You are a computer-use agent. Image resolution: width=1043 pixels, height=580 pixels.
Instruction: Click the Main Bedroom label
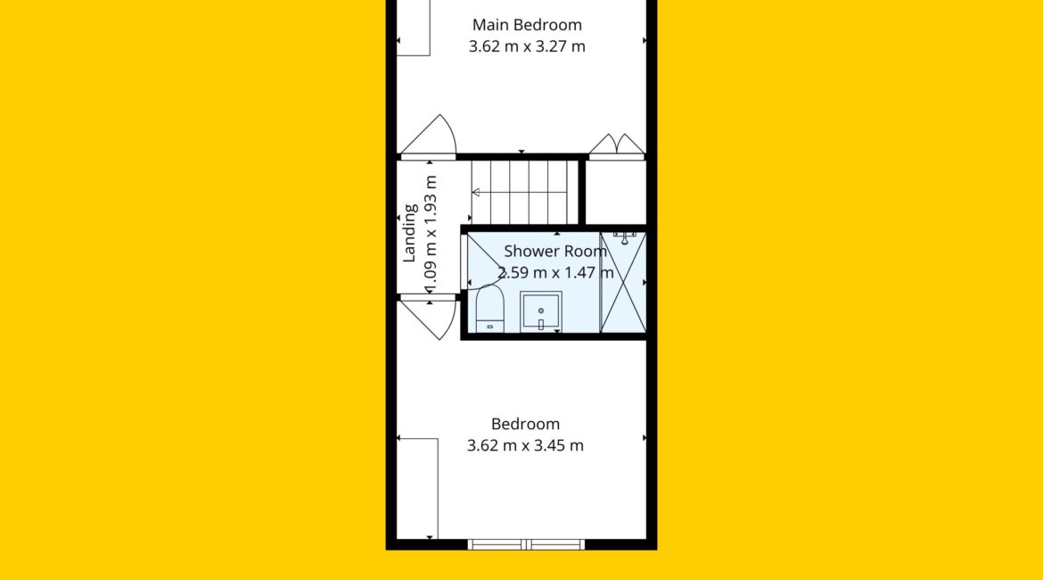coord(527,25)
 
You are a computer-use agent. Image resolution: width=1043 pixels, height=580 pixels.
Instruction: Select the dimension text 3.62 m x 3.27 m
coord(527,46)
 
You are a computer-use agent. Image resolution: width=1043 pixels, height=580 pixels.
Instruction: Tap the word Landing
coord(410,232)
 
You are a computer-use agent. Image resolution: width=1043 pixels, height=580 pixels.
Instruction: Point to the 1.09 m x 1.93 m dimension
coord(431,234)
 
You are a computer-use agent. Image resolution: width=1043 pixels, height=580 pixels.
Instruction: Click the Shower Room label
coord(555,251)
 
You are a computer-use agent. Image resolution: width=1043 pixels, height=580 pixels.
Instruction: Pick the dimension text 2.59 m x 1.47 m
coord(555,272)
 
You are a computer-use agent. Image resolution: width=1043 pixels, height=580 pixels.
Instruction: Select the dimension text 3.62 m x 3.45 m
coord(525,445)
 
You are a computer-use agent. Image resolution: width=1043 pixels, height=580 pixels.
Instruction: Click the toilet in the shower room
coord(490,309)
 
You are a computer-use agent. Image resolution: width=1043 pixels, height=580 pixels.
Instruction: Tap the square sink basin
coord(541,311)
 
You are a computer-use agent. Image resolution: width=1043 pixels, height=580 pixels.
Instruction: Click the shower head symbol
coord(624,237)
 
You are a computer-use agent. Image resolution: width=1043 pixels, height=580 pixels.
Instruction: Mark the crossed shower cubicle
coord(622,282)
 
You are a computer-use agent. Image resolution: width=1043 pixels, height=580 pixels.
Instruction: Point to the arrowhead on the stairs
coord(476,193)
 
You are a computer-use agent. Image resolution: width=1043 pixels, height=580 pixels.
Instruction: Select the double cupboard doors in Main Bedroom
coord(617,145)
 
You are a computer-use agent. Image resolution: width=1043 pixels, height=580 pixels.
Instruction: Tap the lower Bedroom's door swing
coord(428,319)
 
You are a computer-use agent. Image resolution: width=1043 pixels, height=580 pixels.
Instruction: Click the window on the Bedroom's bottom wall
coord(526,544)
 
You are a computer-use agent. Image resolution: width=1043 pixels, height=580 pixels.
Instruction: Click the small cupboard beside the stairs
coord(616,193)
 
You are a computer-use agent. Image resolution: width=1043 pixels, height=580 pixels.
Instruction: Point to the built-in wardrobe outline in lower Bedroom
coord(418,488)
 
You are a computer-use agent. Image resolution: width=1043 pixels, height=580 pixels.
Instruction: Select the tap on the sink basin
coord(541,324)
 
